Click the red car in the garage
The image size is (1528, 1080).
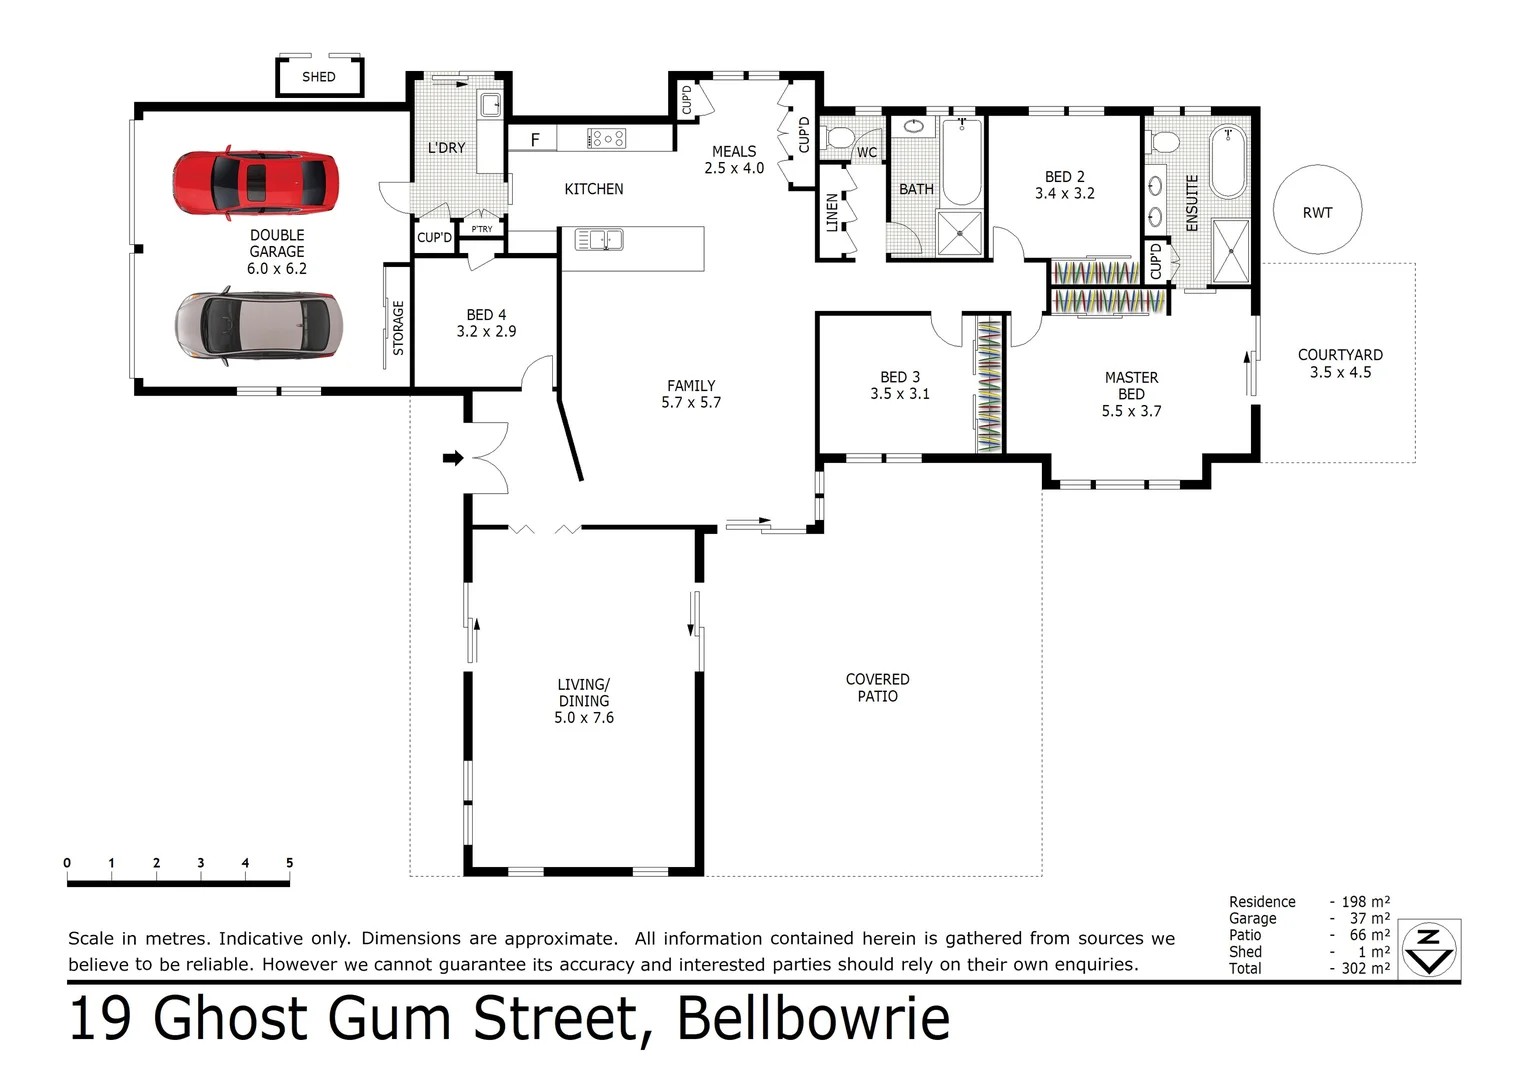(255, 184)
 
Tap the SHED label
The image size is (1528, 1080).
(319, 77)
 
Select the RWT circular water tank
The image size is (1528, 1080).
(1317, 211)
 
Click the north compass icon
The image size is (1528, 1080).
(1429, 949)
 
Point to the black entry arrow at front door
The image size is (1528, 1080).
(453, 458)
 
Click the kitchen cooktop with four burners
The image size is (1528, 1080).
(607, 138)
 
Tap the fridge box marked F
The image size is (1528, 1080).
(534, 140)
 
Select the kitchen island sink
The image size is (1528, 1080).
(599, 240)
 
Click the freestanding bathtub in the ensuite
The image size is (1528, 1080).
(1229, 162)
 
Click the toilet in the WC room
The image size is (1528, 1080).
(838, 138)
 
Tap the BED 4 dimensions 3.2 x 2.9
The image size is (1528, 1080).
(486, 332)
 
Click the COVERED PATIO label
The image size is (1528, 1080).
(877, 688)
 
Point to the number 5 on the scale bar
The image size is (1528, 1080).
(289, 863)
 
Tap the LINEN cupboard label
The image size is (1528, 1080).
(832, 213)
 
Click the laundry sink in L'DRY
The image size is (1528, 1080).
(489, 104)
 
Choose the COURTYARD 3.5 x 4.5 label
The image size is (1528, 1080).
(1340, 363)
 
